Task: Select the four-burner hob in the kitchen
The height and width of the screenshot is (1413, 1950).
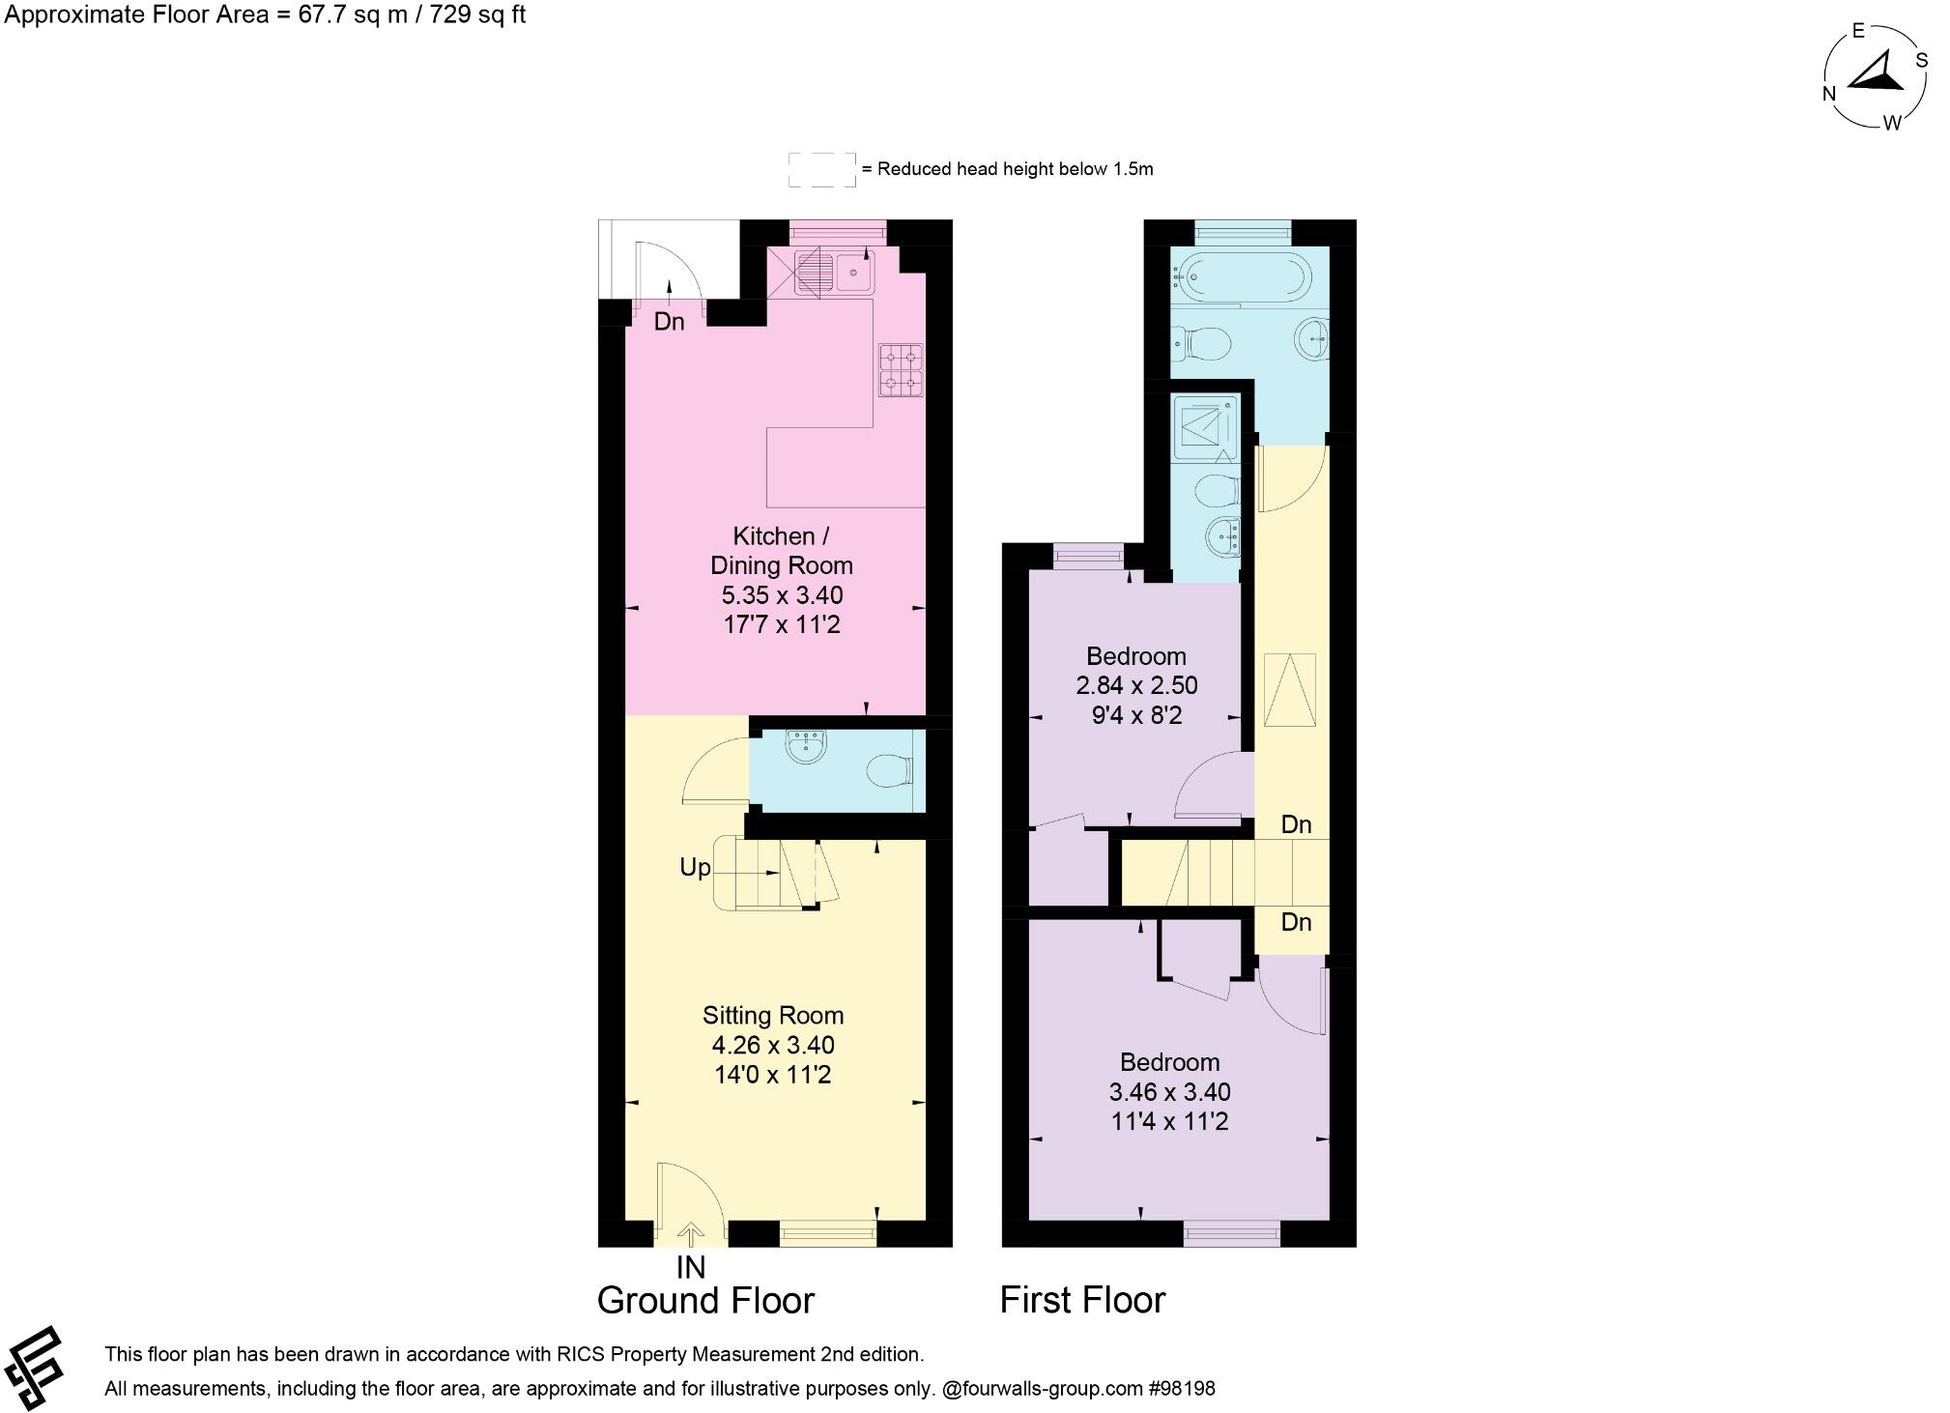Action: pos(900,370)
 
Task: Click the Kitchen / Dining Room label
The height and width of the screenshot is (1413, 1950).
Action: pos(782,551)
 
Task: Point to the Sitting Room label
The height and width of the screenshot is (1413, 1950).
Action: pos(773,1015)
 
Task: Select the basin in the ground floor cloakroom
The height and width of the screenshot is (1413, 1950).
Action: pos(806,746)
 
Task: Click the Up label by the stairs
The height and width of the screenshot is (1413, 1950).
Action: pos(695,868)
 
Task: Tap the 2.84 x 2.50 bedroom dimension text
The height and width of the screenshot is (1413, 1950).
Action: pos(1136,686)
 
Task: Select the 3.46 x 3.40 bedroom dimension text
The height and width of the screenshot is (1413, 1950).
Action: pos(1169,1092)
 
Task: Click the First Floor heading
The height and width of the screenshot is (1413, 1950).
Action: pos(1082,1300)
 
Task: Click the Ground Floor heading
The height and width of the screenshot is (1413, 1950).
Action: pos(705,1301)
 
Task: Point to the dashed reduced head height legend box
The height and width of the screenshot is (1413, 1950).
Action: pos(821,169)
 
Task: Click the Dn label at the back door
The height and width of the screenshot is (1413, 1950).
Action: pos(669,322)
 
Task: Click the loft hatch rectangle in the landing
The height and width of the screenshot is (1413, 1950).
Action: pos(1290,689)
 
